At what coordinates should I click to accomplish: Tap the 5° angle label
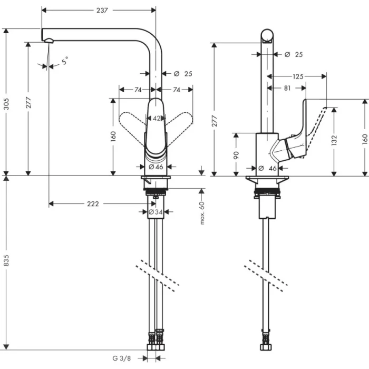coord(65,61)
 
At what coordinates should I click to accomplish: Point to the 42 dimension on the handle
coord(157,119)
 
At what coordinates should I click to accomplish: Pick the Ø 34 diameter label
coord(156,212)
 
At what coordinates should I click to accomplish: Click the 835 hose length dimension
coord(7,262)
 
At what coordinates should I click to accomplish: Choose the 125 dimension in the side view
coord(298,76)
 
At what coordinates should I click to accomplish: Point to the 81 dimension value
coord(286,88)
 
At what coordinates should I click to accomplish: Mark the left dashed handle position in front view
coord(131,122)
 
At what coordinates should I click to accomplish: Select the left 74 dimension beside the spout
coord(138,90)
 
